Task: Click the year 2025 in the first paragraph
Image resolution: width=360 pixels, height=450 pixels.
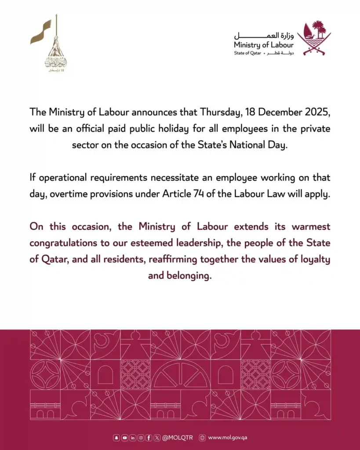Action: (316, 112)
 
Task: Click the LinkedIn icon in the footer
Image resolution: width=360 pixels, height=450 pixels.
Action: (132, 438)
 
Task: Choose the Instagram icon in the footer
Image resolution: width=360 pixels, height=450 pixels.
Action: (141, 438)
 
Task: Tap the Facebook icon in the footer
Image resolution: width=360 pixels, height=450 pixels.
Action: (149, 438)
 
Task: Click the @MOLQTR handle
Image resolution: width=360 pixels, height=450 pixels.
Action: (178, 438)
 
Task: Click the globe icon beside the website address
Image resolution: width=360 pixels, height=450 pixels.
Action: (202, 438)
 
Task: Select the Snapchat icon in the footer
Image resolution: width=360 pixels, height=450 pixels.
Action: (116, 438)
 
